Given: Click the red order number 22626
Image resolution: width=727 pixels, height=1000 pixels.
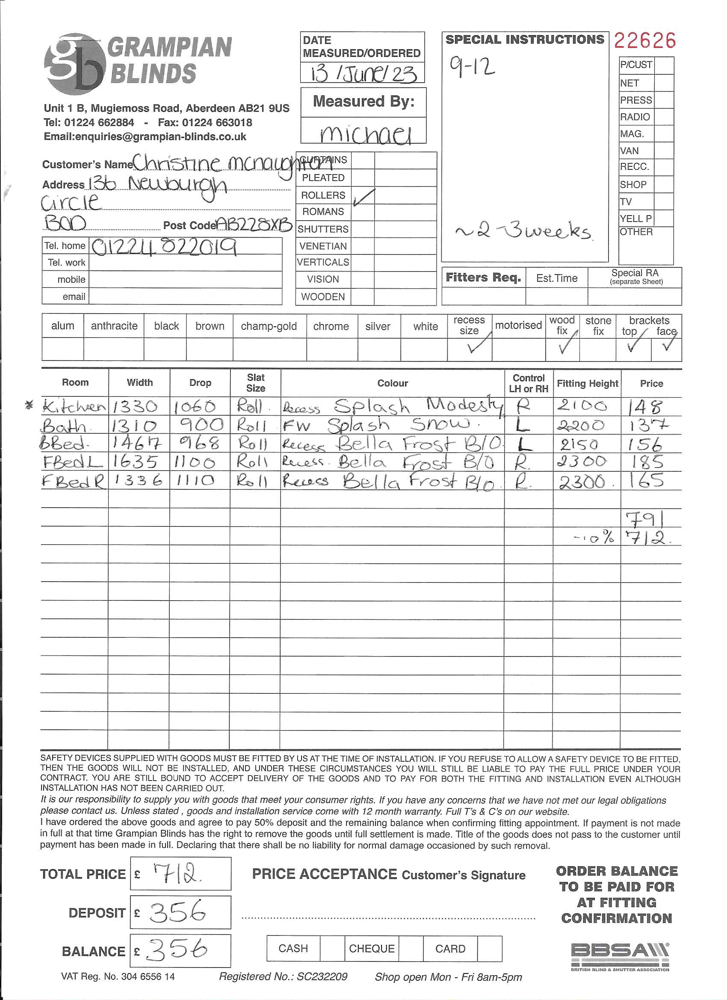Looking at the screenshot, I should coord(644,41).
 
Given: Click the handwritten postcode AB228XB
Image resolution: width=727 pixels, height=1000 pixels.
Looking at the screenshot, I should coord(255,225).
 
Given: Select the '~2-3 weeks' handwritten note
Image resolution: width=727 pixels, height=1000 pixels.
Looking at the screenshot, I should coord(523,231).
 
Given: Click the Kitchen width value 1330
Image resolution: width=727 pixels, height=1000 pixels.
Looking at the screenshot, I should coord(135,406).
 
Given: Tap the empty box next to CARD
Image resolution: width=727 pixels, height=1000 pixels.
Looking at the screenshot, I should coord(489,948).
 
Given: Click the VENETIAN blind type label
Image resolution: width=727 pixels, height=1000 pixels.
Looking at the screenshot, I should coord(323,246).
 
